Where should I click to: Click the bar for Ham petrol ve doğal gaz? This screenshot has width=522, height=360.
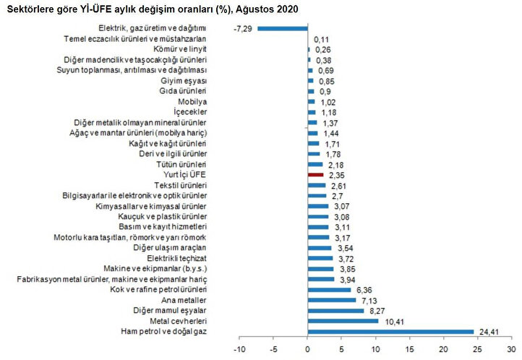click(390, 331)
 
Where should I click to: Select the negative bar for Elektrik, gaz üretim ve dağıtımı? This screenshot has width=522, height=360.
click(283, 28)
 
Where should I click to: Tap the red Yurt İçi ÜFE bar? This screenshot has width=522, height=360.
click(315, 174)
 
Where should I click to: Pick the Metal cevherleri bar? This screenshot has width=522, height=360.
click(343, 320)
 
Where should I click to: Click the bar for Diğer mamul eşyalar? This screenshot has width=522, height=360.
click(335, 310)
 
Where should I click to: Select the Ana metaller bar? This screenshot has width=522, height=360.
click(332, 299)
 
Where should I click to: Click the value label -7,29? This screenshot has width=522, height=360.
click(242, 28)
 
